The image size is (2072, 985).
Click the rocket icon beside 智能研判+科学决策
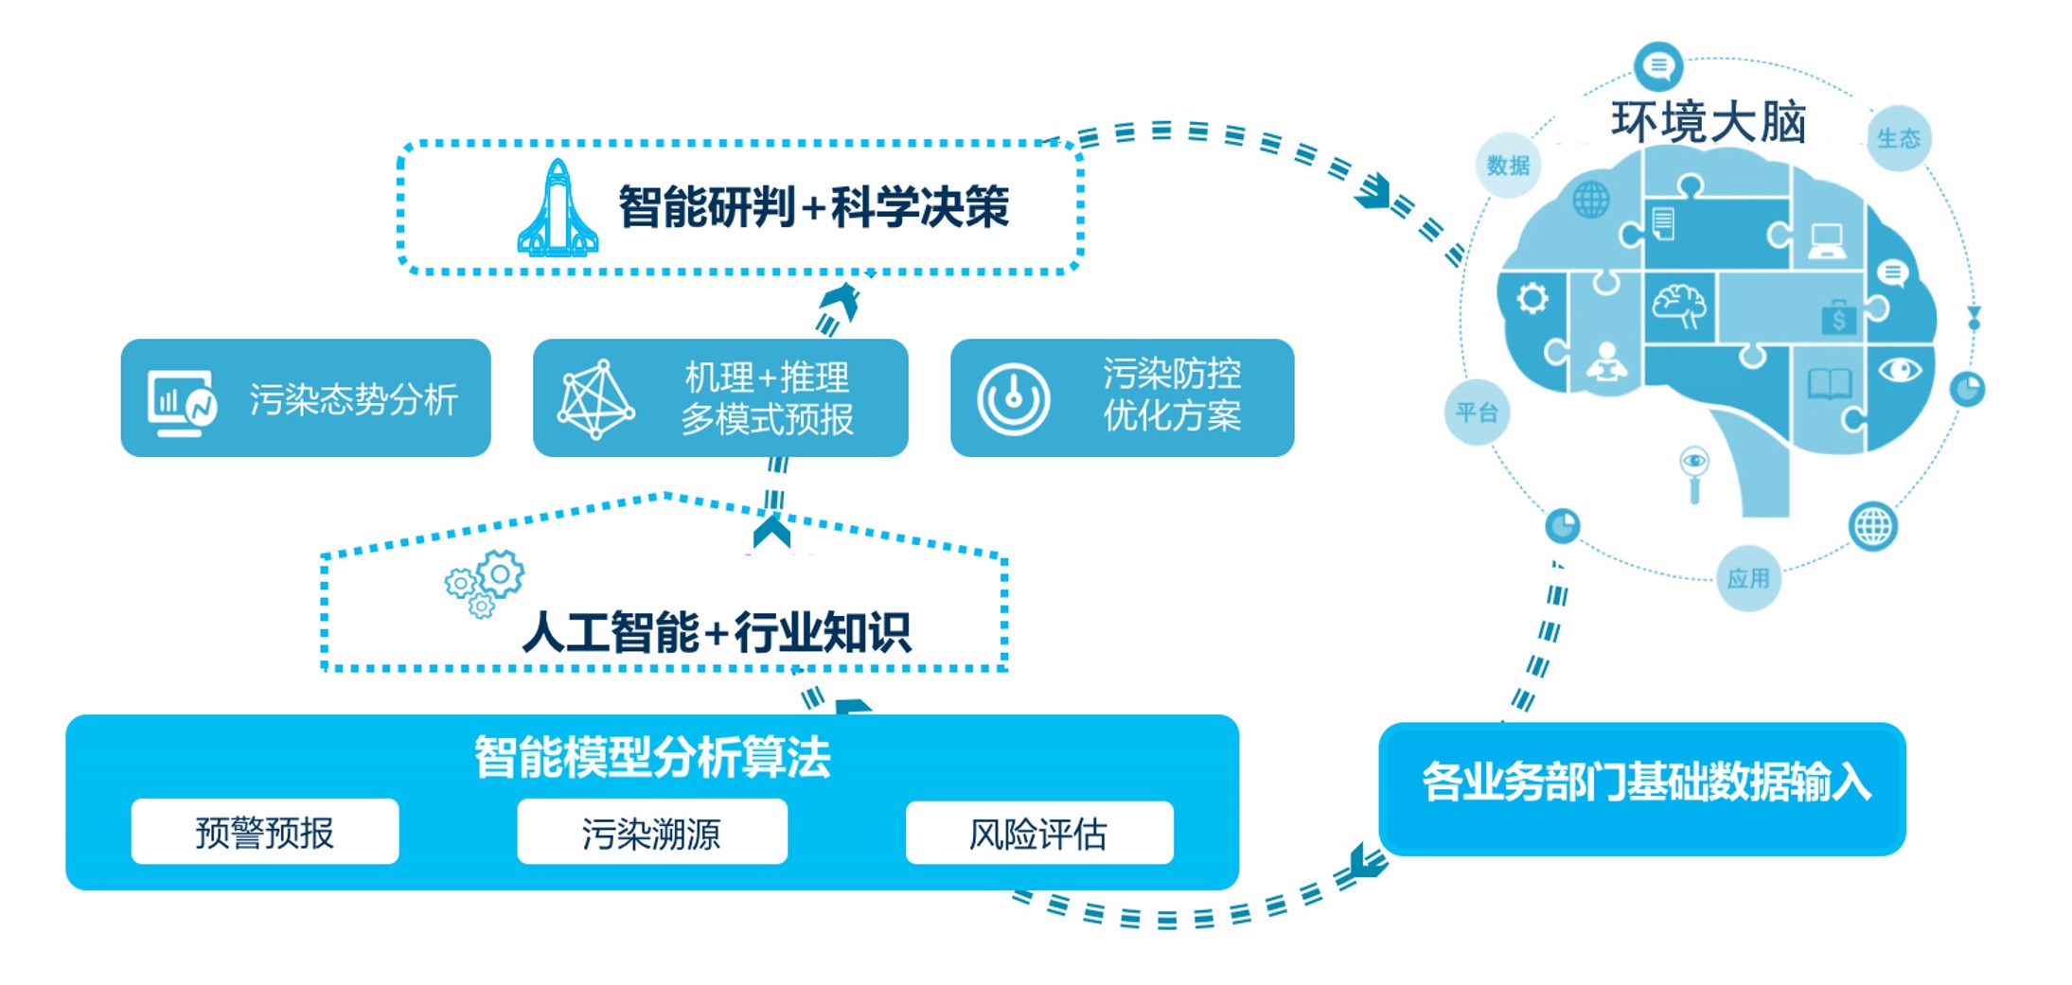pyautogui.click(x=558, y=210)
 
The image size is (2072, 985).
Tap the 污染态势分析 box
pyautogui.click(x=305, y=398)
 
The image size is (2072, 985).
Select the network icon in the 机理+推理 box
pyautogui.click(x=595, y=399)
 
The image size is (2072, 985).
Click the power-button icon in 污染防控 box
pyautogui.click(x=1013, y=399)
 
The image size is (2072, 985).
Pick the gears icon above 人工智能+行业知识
pyautogui.click(x=485, y=582)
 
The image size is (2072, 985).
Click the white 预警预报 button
pyautogui.click(x=265, y=832)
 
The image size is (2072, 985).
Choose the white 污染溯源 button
pyautogui.click(x=651, y=832)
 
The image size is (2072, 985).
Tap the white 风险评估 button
pyautogui.click(x=1038, y=833)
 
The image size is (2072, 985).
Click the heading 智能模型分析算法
pyautogui.click(x=651, y=757)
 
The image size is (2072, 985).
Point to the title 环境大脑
pyautogui.click(x=1709, y=122)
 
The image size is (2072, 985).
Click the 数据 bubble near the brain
pyautogui.click(x=1508, y=166)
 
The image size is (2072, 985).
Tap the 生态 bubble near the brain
pyautogui.click(x=1898, y=138)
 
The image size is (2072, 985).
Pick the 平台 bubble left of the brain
pyautogui.click(x=1476, y=413)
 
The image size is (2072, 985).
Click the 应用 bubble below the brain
pyautogui.click(x=1747, y=578)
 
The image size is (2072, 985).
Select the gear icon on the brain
pyautogui.click(x=1532, y=299)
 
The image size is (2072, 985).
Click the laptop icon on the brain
pyautogui.click(x=1826, y=240)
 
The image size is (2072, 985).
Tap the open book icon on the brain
pyautogui.click(x=1829, y=384)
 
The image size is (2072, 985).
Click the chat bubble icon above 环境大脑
pyautogui.click(x=1657, y=65)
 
